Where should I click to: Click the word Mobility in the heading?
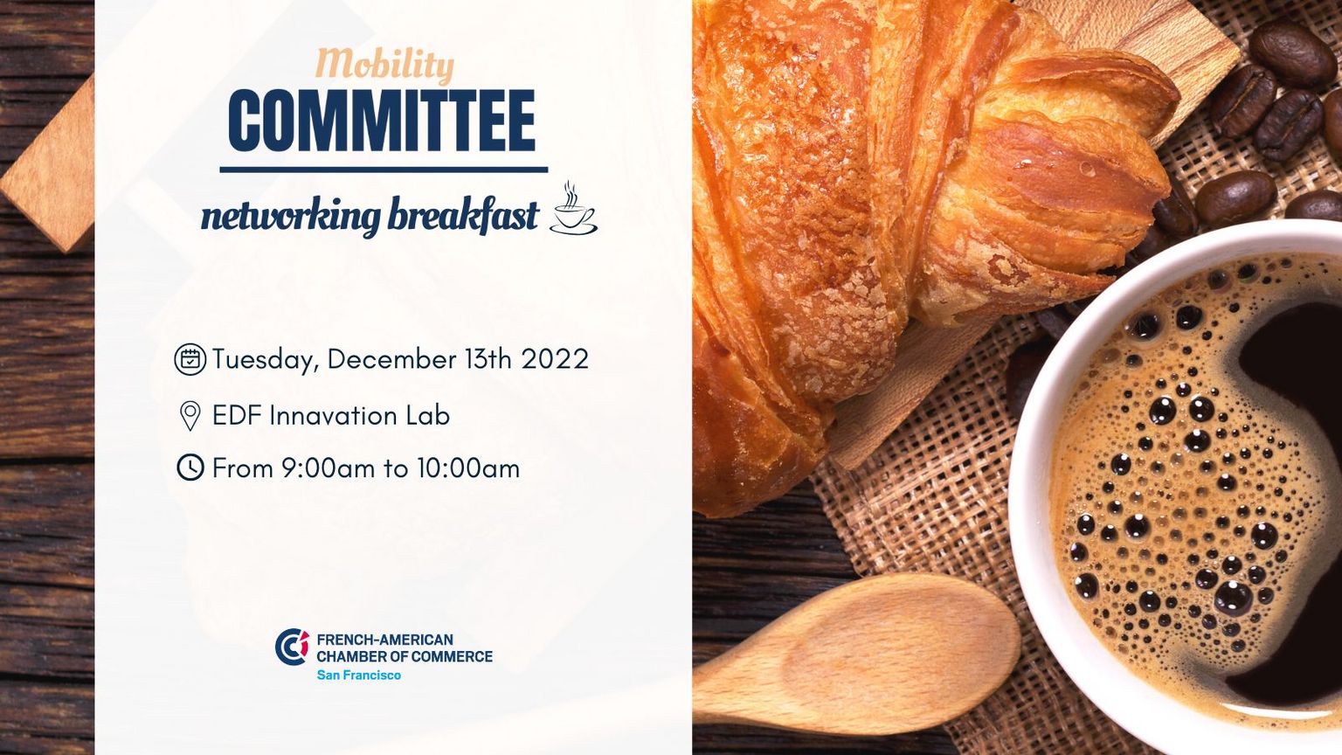pos(384,66)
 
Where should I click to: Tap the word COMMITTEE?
pos(382,121)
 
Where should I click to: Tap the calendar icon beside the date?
pos(190,359)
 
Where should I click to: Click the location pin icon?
pos(190,416)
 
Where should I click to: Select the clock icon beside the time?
pos(190,468)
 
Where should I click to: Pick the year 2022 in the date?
pos(555,359)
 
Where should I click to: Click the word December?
pos(391,359)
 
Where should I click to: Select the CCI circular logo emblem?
pos(292,648)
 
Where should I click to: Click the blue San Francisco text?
pos(359,675)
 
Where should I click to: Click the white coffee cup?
pos(1175,480)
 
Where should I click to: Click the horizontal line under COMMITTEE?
pos(384,170)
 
